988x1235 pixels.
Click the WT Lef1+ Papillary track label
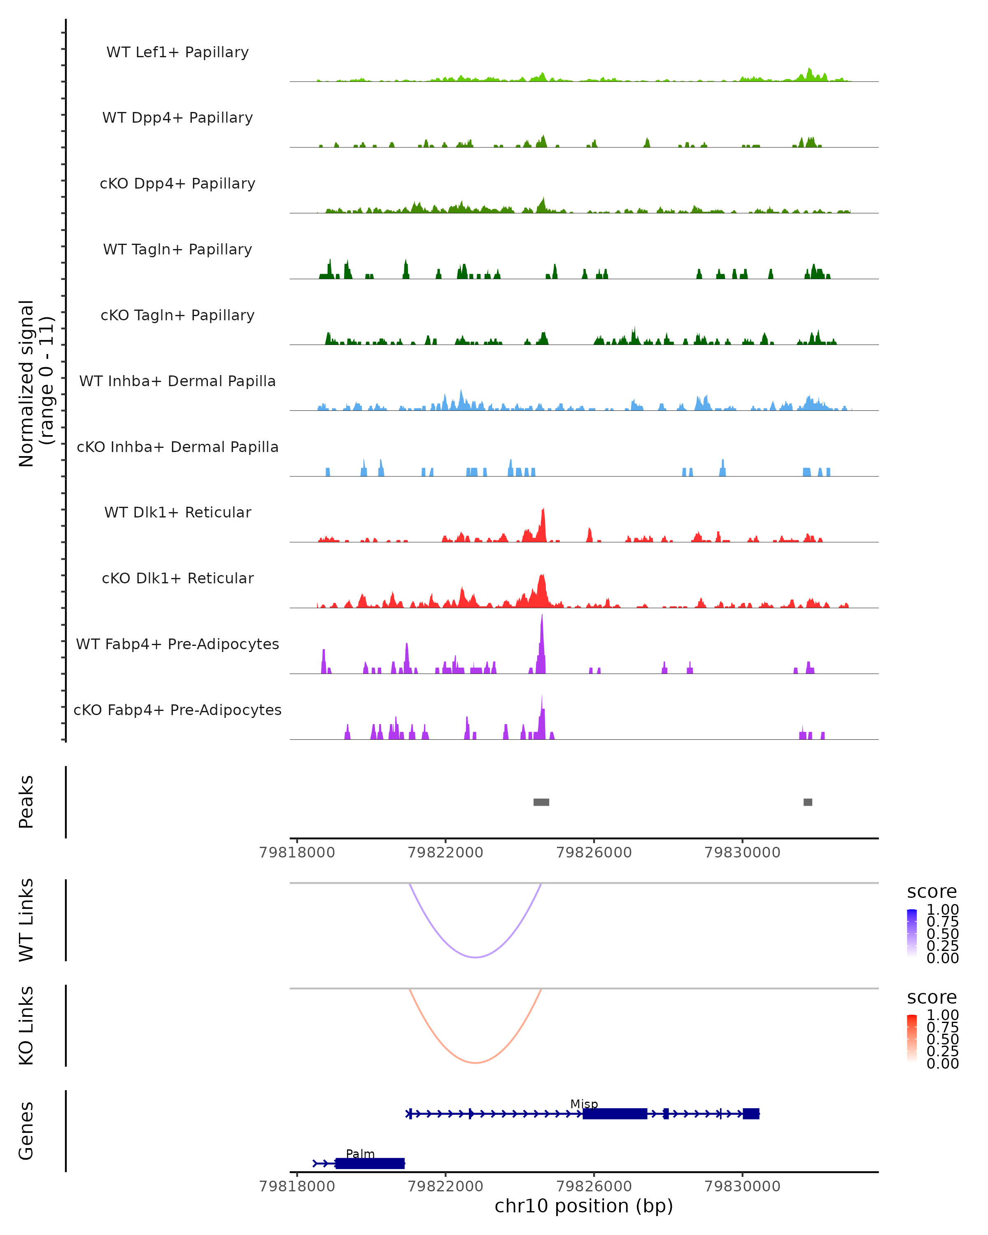click(x=177, y=52)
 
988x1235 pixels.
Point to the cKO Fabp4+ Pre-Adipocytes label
click(x=177, y=710)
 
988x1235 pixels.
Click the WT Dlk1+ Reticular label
click(x=177, y=512)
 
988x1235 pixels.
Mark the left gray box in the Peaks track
click(x=541, y=802)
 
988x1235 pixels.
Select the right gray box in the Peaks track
click(x=808, y=802)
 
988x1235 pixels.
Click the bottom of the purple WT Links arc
click(x=475, y=957)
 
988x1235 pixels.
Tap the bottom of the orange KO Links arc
click(x=475, y=1063)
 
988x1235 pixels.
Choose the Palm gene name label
click(x=360, y=1153)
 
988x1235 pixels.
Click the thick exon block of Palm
click(x=370, y=1163)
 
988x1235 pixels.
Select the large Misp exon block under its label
click(x=615, y=1114)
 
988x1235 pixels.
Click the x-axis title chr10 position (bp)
click(x=584, y=1206)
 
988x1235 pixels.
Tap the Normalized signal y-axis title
click(x=35, y=384)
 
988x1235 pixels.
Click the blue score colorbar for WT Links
click(x=912, y=933)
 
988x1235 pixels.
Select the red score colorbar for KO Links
click(x=912, y=1039)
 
